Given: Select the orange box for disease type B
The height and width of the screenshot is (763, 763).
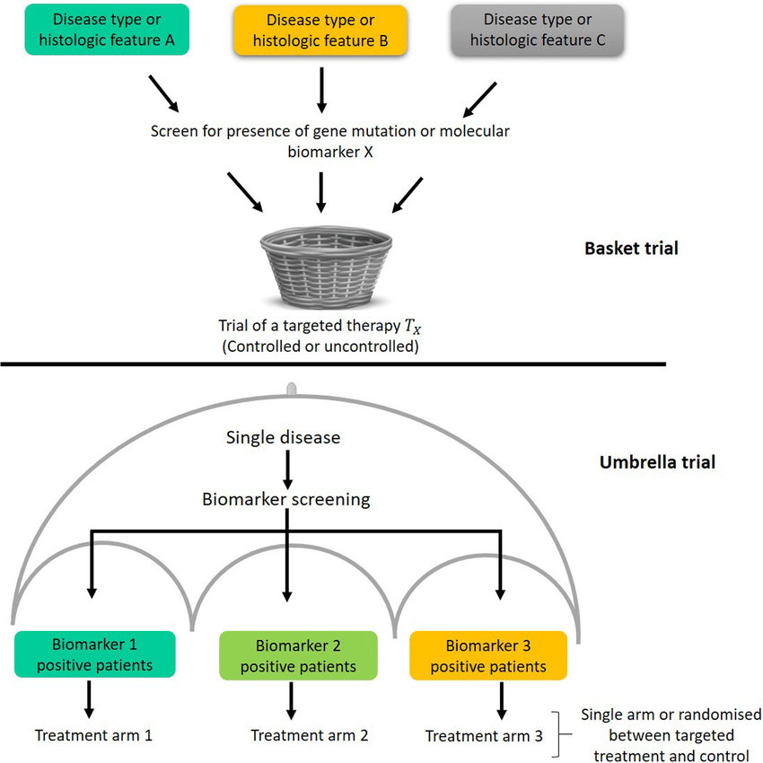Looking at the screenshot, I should (321, 31).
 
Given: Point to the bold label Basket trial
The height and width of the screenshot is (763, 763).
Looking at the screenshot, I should (625, 249).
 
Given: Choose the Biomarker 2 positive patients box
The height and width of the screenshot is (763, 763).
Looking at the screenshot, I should (298, 656).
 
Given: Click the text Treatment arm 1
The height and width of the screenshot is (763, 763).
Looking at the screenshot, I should (93, 735).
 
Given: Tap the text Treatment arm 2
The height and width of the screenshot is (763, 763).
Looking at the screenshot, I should (310, 735).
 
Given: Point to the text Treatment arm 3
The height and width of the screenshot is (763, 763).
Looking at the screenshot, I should (484, 736).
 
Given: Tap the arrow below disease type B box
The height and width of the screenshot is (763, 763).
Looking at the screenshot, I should (321, 87).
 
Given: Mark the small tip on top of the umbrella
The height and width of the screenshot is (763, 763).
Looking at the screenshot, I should (291, 389).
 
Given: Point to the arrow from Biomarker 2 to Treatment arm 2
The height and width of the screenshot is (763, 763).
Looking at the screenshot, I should (289, 698).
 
